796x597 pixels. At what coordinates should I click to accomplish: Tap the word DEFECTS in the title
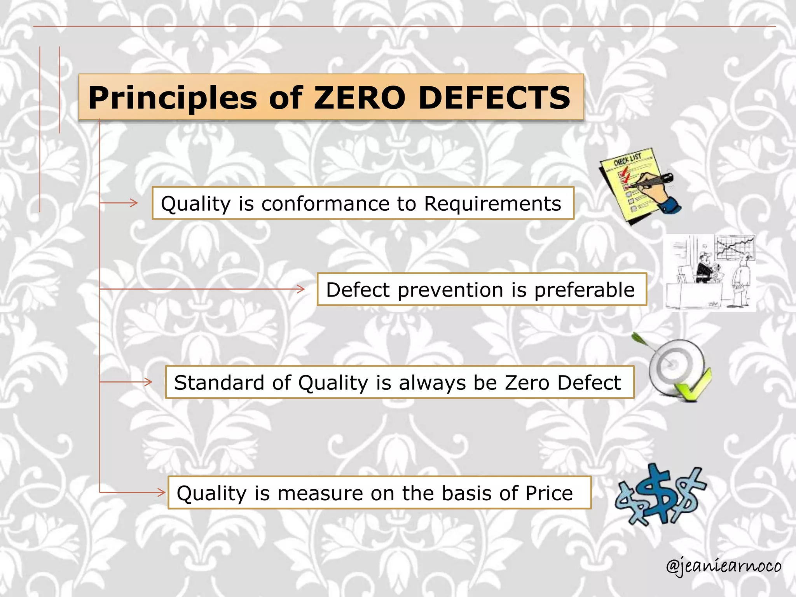pyautogui.click(x=494, y=98)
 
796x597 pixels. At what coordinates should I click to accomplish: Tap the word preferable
pyautogui.click(x=584, y=290)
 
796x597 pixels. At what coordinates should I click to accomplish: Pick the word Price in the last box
pyautogui.click(x=549, y=493)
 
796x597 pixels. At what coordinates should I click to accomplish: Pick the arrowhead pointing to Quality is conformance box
pyautogui.click(x=134, y=202)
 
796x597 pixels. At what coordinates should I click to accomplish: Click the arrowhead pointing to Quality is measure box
pyautogui.click(x=161, y=492)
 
